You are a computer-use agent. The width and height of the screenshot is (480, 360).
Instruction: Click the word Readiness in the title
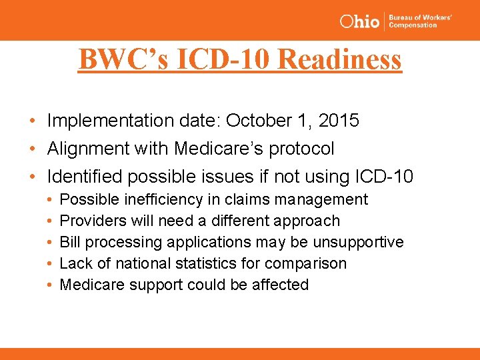[339, 59]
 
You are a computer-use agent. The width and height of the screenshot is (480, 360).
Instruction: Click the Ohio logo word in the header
[359, 21]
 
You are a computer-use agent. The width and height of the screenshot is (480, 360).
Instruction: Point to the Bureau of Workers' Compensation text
[420, 21]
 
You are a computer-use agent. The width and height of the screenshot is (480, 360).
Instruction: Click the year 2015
[338, 121]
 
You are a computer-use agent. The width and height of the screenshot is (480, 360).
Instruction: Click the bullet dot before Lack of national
[51, 263]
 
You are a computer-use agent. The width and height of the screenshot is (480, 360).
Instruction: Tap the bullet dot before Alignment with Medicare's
[33, 149]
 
